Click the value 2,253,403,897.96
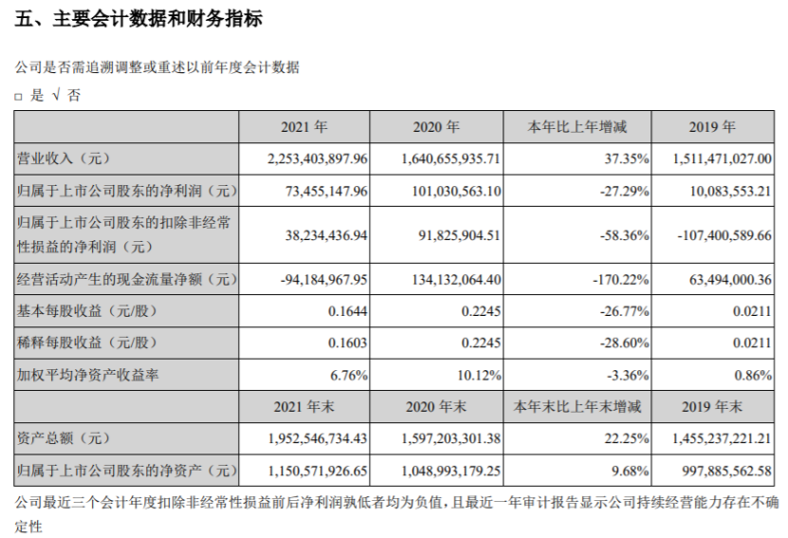coord(311,158)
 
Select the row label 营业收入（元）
coord(65,158)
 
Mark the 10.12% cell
coord(480,375)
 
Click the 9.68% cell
coord(632,470)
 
